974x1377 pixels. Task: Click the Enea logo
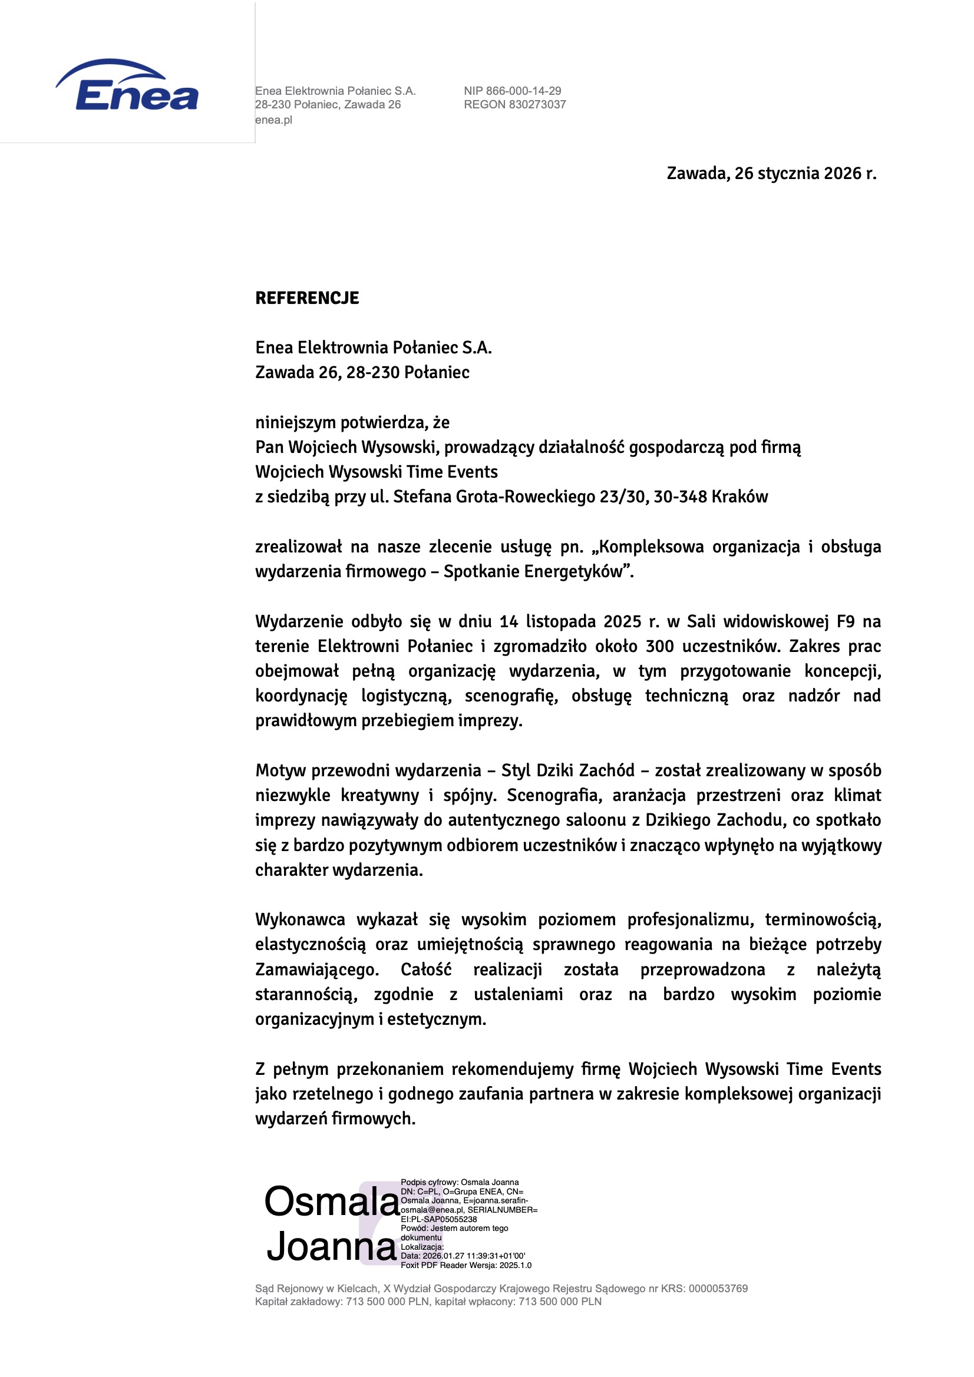coord(127,85)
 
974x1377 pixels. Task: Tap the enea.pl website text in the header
coord(273,120)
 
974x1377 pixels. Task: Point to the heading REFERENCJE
coord(307,298)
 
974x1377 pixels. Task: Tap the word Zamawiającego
coord(317,969)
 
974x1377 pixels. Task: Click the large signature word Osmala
coord(332,1201)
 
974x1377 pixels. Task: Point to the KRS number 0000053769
coord(718,1288)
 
